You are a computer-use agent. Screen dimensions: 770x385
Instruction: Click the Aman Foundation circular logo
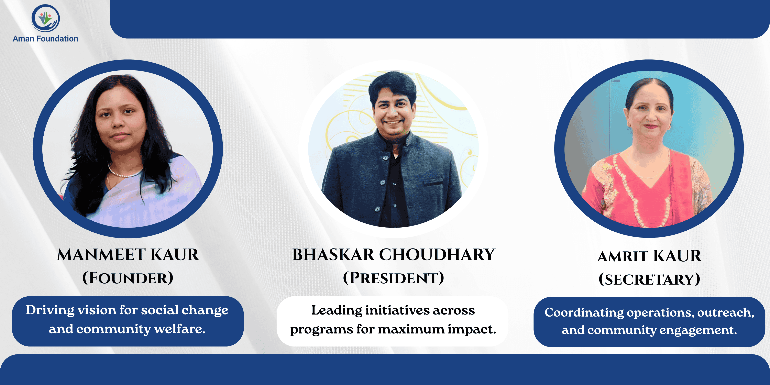45,18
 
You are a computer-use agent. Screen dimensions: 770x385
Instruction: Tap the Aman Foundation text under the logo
45,38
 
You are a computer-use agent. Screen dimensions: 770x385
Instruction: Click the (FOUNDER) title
128,278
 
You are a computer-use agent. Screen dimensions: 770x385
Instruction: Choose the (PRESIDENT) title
393,278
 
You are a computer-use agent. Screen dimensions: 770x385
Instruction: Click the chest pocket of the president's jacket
434,182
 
